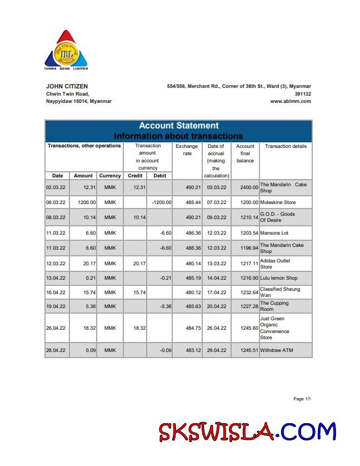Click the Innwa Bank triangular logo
[66, 49]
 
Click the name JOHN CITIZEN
[67, 86]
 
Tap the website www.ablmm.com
[290, 102]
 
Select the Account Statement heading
[178, 126]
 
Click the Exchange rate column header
[187, 150]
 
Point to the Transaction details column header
[286, 146]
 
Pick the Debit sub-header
[159, 176]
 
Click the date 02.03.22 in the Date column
[56, 188]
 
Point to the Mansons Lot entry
[274, 233]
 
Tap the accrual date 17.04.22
[216, 293]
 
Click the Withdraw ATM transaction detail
[276, 351]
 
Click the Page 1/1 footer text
[302, 399]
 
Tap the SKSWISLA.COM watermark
[248, 432]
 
